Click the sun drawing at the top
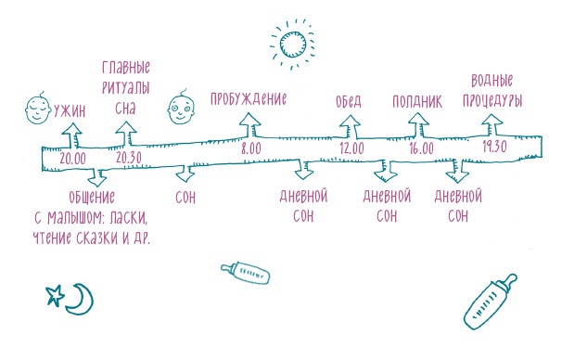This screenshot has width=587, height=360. [x=294, y=43]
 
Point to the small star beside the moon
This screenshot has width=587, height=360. [x=56, y=296]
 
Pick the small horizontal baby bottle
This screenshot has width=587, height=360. [x=245, y=273]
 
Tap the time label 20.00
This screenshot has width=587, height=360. [x=72, y=158]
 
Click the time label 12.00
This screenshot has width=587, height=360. [x=351, y=148]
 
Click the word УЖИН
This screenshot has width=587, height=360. [x=71, y=111]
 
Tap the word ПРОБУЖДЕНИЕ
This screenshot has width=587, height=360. [x=248, y=98]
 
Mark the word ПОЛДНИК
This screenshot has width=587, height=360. [x=418, y=100]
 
